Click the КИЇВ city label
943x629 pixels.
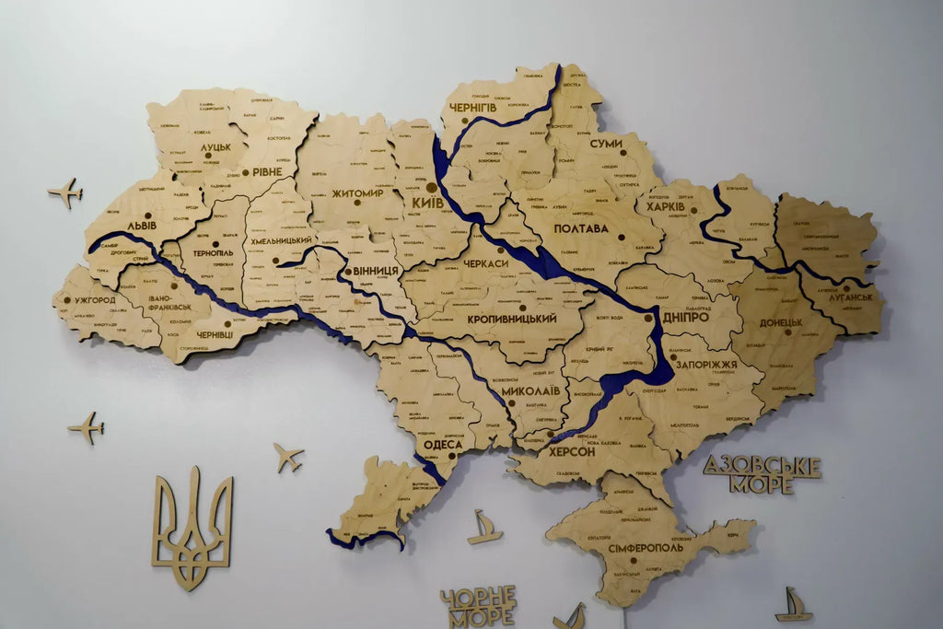tap(427, 202)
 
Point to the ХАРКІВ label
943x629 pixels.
tap(666, 207)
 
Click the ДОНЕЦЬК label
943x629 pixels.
tap(781, 323)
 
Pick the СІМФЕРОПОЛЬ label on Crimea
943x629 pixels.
tap(646, 547)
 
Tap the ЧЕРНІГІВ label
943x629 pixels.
tap(474, 109)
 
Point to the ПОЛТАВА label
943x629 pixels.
tap(581, 228)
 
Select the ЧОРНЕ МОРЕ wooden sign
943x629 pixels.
tap(477, 607)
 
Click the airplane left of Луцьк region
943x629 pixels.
tap(65, 192)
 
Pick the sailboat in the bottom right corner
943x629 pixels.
tap(793, 605)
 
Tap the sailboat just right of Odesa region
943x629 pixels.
tap(484, 528)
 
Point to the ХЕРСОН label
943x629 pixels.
tap(572, 452)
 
